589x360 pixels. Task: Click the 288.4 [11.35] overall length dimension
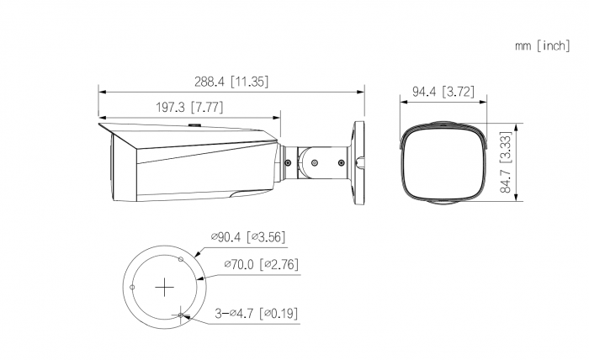tap(231, 82)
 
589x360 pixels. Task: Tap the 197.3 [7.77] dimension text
tap(189, 108)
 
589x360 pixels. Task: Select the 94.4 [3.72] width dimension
tap(443, 91)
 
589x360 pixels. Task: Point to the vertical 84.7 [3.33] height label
tap(506, 162)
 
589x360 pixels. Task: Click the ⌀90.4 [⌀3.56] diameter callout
tap(248, 237)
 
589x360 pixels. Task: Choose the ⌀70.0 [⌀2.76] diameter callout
tap(262, 264)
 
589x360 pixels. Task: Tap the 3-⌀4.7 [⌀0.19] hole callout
tap(256, 313)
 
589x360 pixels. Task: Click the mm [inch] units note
tap(543, 45)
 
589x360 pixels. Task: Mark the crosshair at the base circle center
tap(165, 288)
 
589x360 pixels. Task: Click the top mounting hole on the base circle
tap(181, 259)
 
